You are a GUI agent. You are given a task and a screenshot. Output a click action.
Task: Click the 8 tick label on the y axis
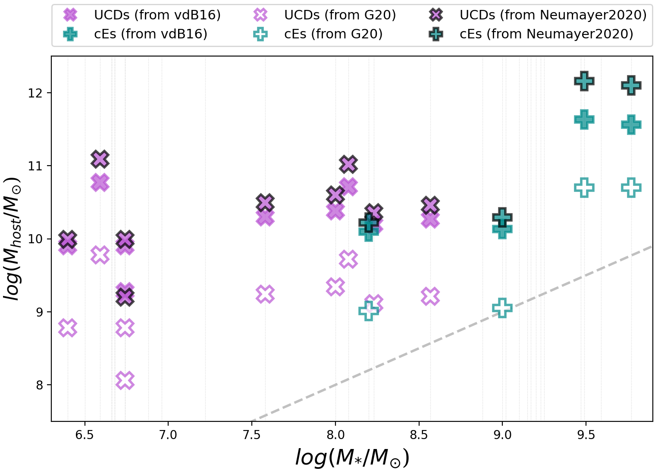pos(40,385)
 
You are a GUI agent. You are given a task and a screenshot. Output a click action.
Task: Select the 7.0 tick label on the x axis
pos(168,435)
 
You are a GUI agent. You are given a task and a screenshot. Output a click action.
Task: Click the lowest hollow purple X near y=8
pos(125,380)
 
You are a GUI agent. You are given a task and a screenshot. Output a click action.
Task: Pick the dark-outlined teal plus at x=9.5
pos(584,81)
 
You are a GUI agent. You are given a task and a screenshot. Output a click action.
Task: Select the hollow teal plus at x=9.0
pos(502,308)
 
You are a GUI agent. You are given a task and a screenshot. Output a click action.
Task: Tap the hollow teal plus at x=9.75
pos(631,188)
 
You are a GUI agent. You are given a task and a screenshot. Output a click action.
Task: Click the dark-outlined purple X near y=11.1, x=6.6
pos(100,159)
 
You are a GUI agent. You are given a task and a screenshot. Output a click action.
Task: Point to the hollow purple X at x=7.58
pos(265,294)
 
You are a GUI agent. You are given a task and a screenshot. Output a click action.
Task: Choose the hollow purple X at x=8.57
pos(430,296)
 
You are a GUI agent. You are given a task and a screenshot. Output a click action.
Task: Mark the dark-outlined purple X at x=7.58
pos(265,202)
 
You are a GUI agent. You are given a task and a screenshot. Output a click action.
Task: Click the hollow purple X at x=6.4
pos(68,328)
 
